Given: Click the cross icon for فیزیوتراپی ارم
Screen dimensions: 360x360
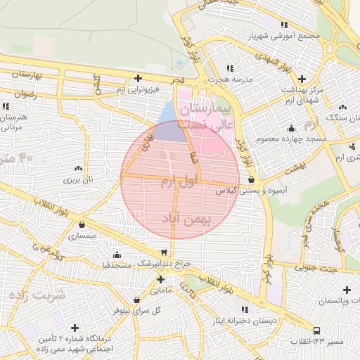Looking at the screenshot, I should [x=138, y=78].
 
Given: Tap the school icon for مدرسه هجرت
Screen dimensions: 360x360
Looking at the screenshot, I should [x=230, y=68].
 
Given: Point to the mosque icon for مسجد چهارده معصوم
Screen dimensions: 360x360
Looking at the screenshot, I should [x=291, y=128].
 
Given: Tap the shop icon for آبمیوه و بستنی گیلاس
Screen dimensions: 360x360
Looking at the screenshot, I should [x=251, y=180].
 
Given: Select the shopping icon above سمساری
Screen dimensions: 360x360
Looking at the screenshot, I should [x=83, y=226].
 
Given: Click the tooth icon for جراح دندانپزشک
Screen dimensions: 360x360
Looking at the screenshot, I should [x=165, y=252].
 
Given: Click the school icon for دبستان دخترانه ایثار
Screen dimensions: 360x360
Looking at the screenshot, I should [x=244, y=309].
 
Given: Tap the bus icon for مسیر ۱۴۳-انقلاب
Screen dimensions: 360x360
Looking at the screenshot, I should [x=316, y=330].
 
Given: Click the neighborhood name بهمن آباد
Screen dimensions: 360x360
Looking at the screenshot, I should [x=186, y=219].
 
